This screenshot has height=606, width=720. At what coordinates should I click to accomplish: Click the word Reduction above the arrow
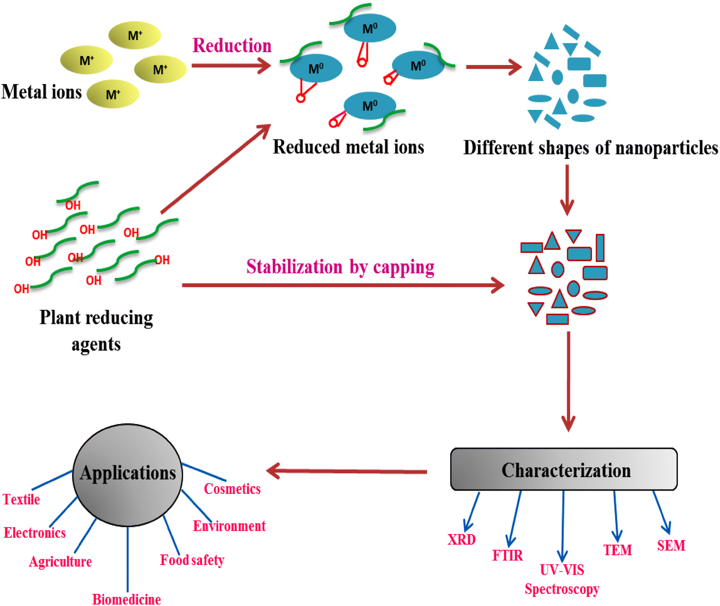coord(232,45)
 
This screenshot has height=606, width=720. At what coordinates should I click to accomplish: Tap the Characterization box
coord(564,469)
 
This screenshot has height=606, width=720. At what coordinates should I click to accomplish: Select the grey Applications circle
coord(128,474)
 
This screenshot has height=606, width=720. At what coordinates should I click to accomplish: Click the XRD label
coord(461,539)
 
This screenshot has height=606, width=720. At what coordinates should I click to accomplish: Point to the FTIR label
coord(507,555)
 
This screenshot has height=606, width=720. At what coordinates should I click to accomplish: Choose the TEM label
coord(617,550)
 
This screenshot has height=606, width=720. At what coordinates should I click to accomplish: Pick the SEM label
coord(671,545)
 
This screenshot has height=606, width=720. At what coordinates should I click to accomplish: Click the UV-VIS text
coord(562,570)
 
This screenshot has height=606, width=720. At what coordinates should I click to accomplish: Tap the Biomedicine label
coord(126,599)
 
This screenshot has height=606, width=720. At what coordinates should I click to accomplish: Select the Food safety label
coord(192,560)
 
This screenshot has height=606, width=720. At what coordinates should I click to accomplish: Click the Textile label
coord(22,499)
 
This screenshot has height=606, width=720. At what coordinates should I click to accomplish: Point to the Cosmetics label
coord(232,489)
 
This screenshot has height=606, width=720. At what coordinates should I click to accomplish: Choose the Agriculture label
coord(60,561)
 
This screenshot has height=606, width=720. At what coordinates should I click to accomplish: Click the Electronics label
coord(35,532)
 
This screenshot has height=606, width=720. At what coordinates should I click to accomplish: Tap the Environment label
coord(229,526)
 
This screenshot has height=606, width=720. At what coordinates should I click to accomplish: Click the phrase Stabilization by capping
coord(340,267)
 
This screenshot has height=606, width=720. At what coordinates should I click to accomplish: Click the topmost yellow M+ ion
coord(134,35)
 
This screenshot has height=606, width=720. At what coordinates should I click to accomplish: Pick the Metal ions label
coord(41,91)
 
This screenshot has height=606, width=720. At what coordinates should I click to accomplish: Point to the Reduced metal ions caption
coord(348,147)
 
